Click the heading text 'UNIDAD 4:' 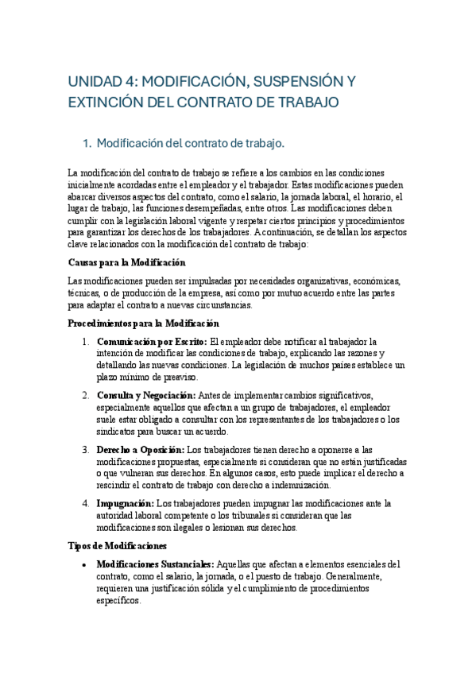[x=100, y=81]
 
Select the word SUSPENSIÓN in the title [x=284, y=81]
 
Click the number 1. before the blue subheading [x=110, y=144]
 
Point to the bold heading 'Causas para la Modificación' [x=126, y=262]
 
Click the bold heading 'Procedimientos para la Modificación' [x=143, y=323]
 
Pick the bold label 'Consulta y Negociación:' [x=147, y=395]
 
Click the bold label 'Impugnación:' [x=125, y=503]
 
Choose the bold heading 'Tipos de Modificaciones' [x=117, y=546]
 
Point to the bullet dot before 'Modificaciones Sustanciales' [x=85, y=564]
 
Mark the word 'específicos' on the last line [x=118, y=601]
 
